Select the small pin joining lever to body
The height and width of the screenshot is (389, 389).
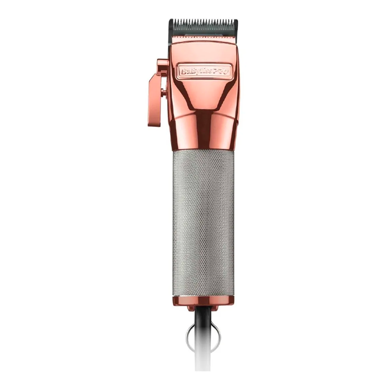point(164,93)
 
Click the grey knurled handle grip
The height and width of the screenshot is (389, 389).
point(203,223)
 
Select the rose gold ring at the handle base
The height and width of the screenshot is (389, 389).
point(203,300)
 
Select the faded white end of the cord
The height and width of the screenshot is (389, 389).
point(203,371)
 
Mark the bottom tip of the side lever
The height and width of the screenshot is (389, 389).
point(152,124)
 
